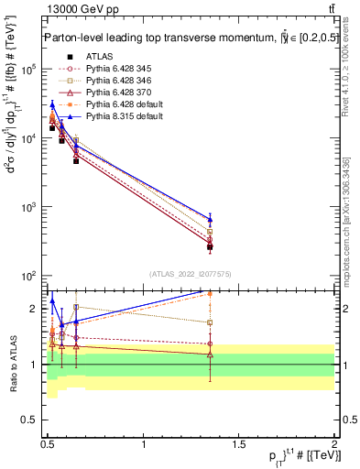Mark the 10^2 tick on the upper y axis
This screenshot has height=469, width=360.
[x=29, y=276]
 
